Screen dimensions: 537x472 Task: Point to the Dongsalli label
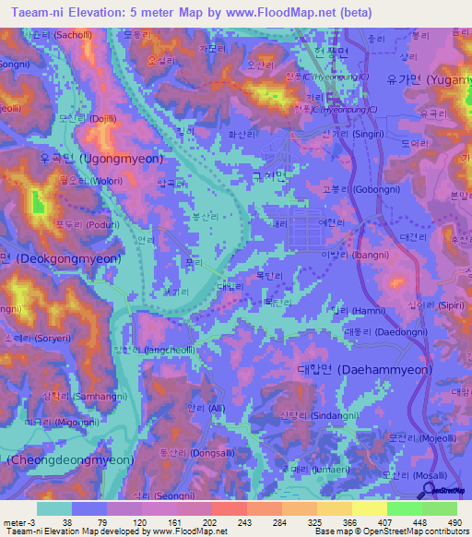click(x=189, y=453)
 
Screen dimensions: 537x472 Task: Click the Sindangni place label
click(x=310, y=417)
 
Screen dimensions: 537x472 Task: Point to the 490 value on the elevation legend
click(x=451, y=522)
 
